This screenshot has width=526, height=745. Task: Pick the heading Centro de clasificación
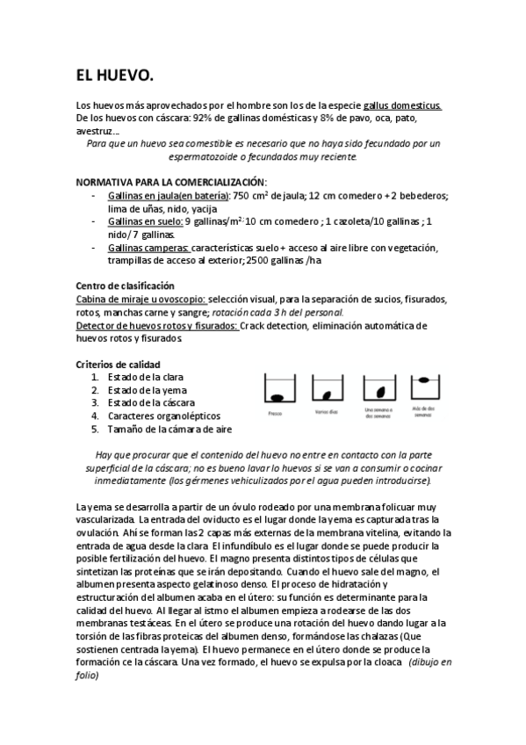pyautogui.click(x=126, y=286)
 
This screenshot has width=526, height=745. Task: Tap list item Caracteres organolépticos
pyautogui.click(x=164, y=416)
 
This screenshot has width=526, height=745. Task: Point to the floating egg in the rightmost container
pyautogui.click(x=423, y=380)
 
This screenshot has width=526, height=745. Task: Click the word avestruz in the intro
pyautogui.click(x=96, y=130)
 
